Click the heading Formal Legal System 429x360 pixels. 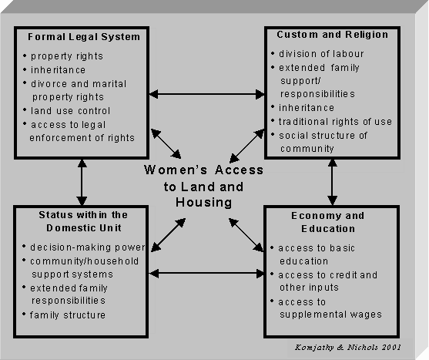click(x=84, y=37)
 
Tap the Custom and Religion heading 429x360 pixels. click(x=333, y=35)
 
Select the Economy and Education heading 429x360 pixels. click(x=328, y=222)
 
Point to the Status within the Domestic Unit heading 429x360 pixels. click(x=83, y=221)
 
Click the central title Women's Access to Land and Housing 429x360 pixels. click(x=203, y=186)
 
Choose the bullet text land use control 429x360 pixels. click(x=70, y=111)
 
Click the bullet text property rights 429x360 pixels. click(x=67, y=56)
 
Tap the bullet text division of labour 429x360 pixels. click(x=321, y=54)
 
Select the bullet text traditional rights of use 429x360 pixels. click(x=335, y=122)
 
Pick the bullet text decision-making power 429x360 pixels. click(x=88, y=247)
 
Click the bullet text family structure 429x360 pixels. click(x=68, y=315)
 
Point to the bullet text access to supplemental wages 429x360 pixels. click(x=330, y=308)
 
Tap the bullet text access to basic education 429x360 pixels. click(x=317, y=254)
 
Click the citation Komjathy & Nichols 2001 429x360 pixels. click(x=347, y=348)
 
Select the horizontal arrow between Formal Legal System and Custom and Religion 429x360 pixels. click(x=207, y=94)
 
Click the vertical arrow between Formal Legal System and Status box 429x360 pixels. click(x=82, y=183)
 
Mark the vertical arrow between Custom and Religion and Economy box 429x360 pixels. click(x=332, y=182)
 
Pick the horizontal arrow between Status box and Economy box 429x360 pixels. click(x=206, y=273)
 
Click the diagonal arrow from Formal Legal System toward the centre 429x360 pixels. click(x=166, y=143)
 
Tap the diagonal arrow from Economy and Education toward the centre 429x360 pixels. click(x=246, y=235)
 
